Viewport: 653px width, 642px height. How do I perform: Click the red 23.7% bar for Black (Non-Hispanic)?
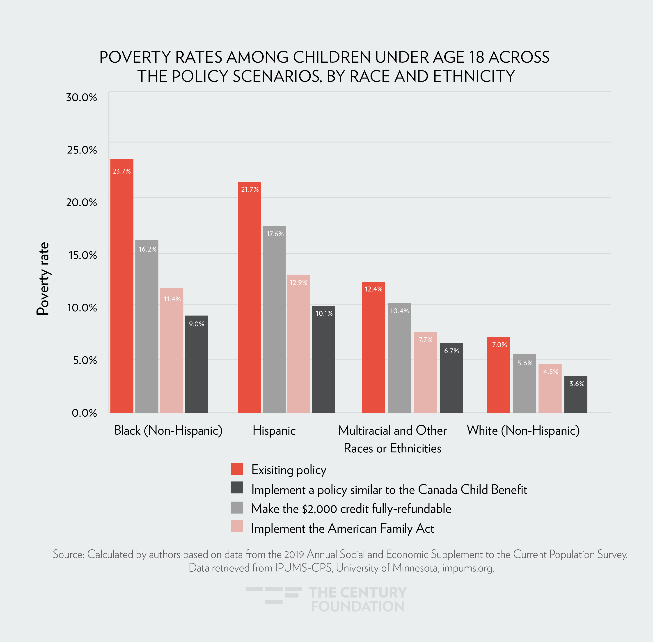(x=122, y=287)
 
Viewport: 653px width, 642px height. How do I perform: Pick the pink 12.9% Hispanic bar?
(x=299, y=344)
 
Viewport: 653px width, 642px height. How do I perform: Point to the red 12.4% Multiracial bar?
(x=373, y=347)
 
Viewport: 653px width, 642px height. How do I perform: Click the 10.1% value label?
(x=324, y=314)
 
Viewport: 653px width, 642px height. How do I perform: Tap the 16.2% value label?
(x=148, y=249)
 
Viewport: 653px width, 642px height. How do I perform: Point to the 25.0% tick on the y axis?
(x=82, y=150)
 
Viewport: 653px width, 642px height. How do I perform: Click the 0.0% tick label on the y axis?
(x=84, y=413)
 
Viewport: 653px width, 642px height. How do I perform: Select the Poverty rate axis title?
(x=43, y=279)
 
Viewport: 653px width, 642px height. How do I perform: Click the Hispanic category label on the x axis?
(x=274, y=431)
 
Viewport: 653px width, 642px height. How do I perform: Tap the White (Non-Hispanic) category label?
(x=523, y=431)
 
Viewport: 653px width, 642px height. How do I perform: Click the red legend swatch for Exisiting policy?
(x=237, y=469)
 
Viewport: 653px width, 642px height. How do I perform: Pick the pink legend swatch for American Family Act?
(x=237, y=526)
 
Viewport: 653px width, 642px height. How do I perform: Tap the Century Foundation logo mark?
(x=274, y=595)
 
